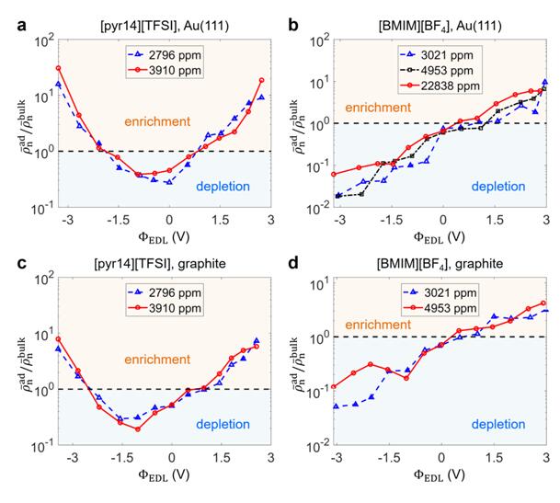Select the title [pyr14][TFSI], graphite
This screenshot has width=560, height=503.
(x=152, y=264)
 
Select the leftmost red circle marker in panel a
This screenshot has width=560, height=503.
(x=59, y=68)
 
